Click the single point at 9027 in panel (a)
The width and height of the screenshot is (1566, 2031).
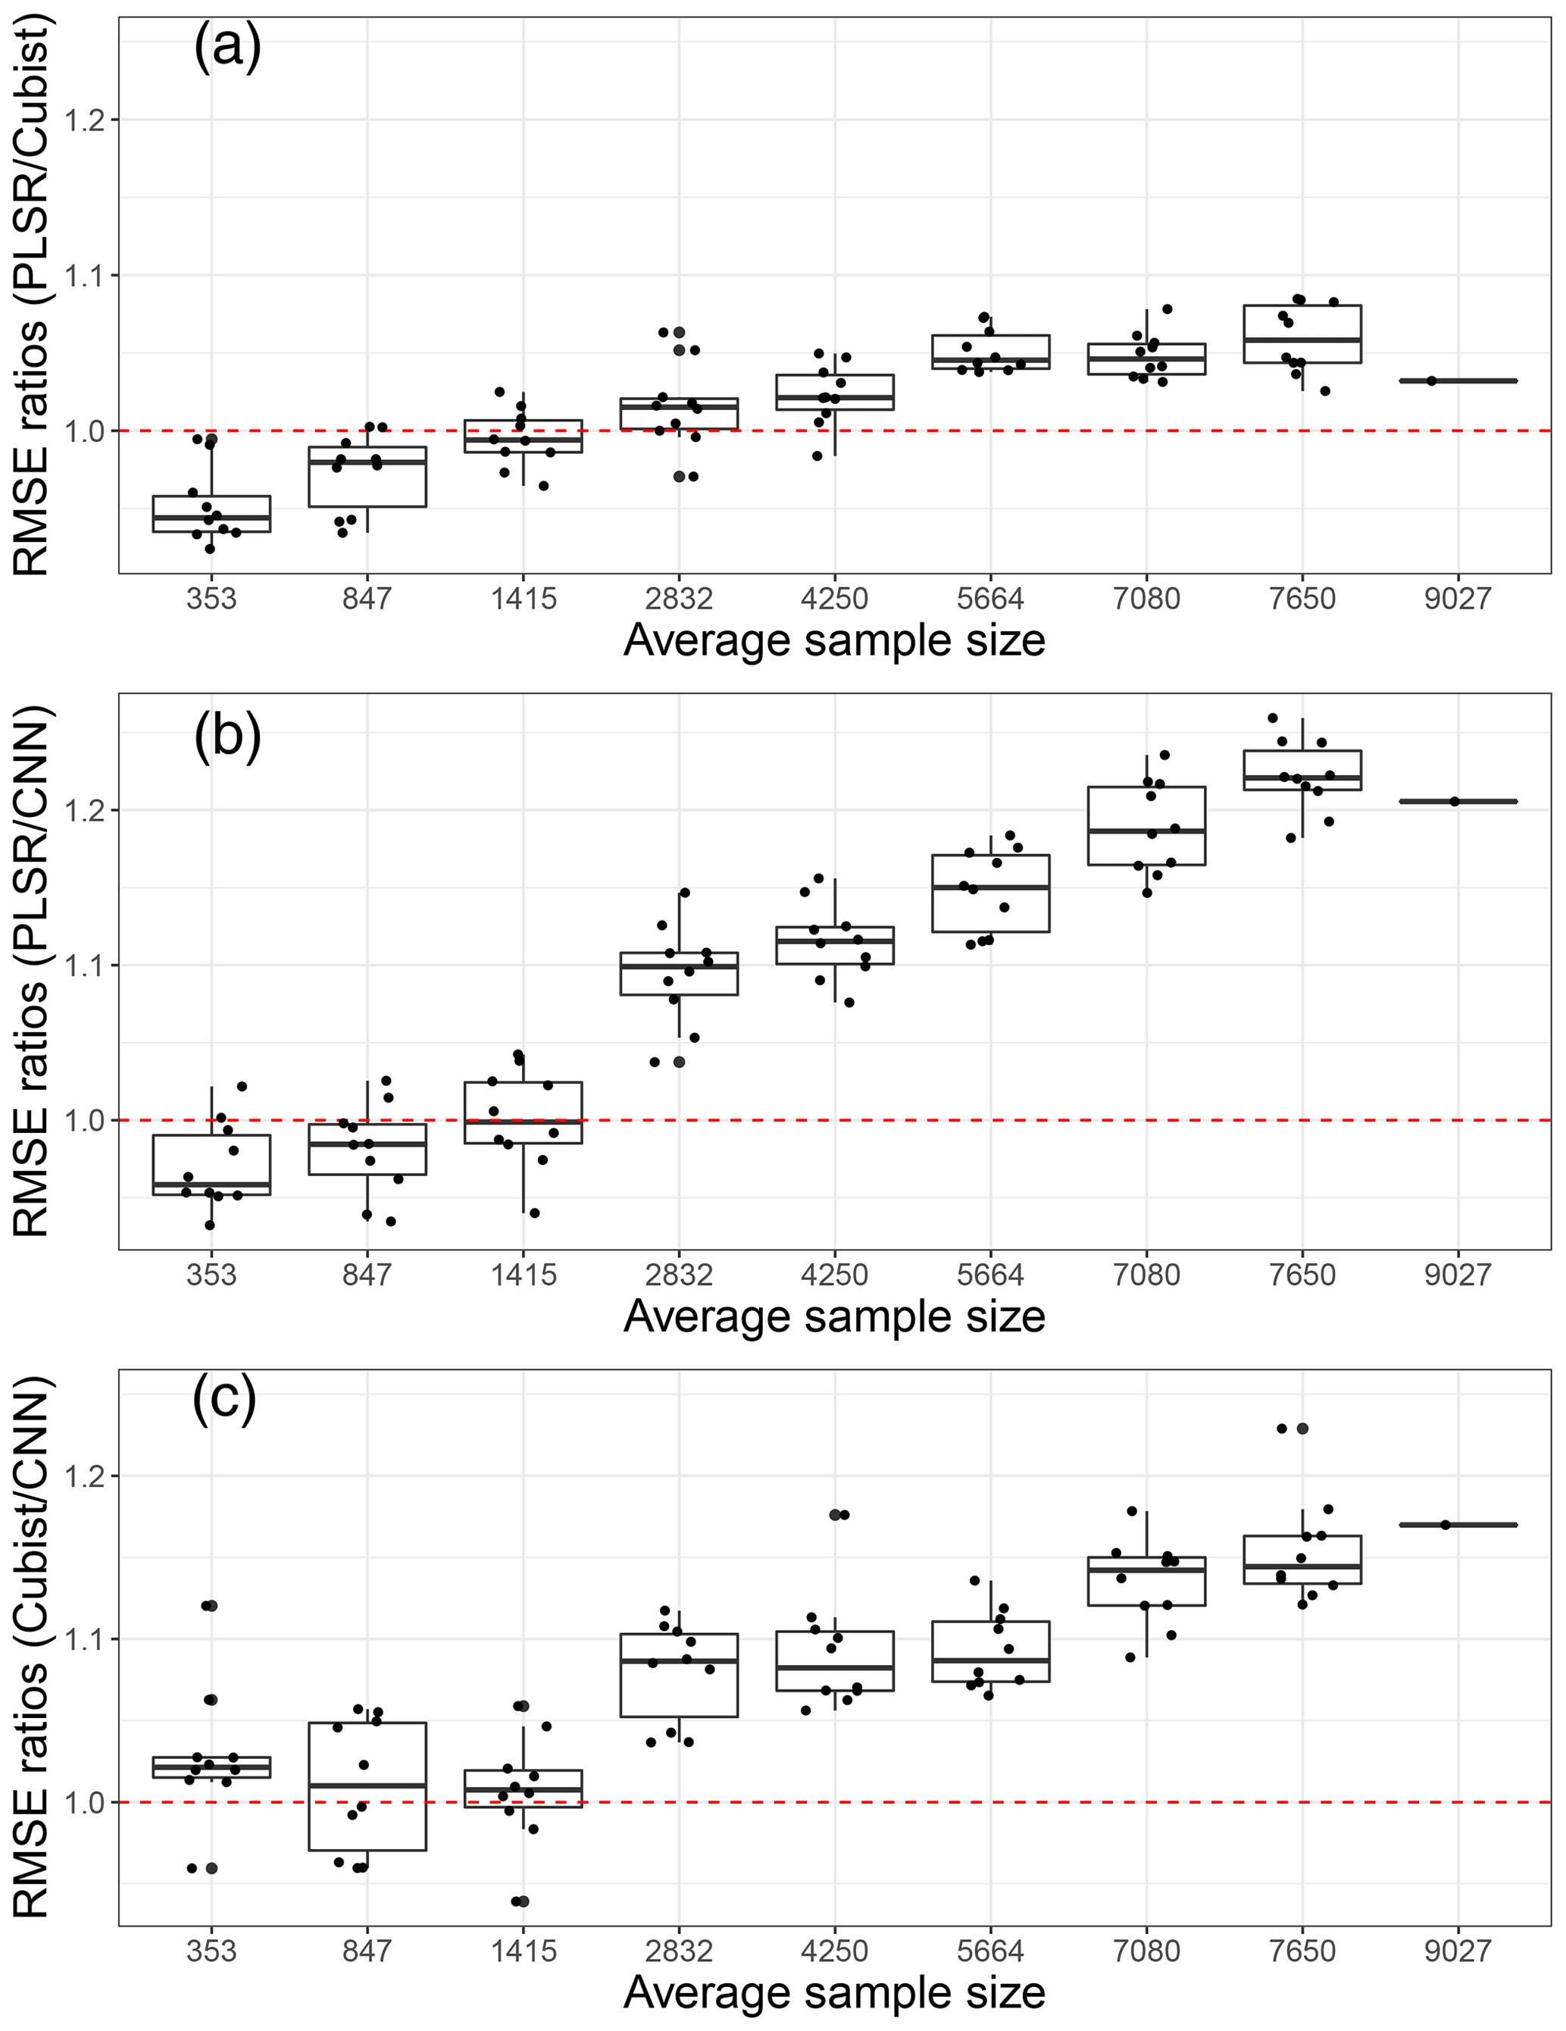pos(1431,380)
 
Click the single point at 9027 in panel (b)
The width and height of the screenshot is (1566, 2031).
pos(1455,801)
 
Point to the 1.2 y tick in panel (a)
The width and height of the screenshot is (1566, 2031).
pos(86,120)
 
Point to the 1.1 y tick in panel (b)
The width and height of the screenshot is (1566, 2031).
pos(86,965)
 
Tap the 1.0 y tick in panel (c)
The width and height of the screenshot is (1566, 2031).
pos(86,1802)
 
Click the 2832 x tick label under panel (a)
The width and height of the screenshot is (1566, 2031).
pos(679,599)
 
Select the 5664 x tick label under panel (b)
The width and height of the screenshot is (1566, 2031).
pos(989,1274)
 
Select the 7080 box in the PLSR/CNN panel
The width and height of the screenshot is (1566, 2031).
pos(1146,826)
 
